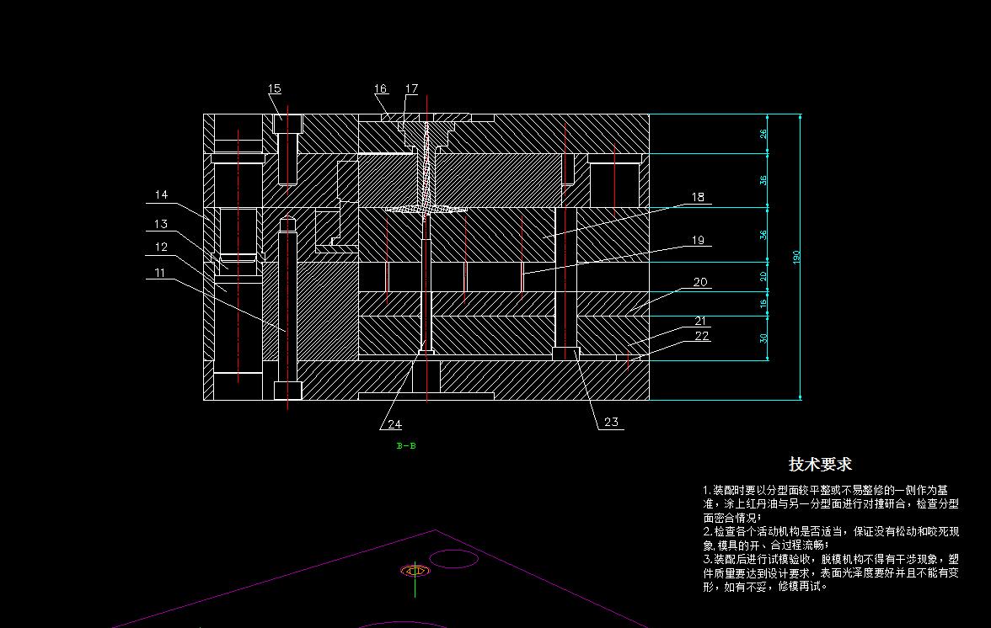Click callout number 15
click(275, 88)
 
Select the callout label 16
click(381, 88)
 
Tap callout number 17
click(411, 88)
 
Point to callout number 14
click(161, 194)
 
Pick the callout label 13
click(161, 224)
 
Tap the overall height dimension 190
click(796, 256)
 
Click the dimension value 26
click(763, 133)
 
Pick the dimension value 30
click(763, 338)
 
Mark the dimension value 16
click(763, 304)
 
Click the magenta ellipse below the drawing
click(453, 558)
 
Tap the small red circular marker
click(414, 570)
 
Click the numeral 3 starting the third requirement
click(706, 558)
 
